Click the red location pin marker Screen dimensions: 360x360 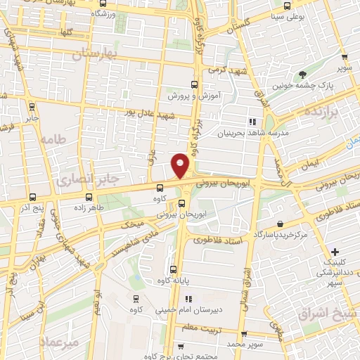[x=181, y=165]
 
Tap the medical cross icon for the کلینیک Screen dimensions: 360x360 [x=335, y=252]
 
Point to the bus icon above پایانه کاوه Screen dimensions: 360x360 [x=174, y=269]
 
